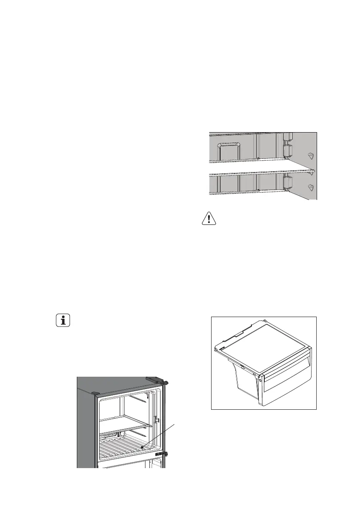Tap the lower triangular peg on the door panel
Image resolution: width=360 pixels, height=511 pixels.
tap(311, 187)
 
